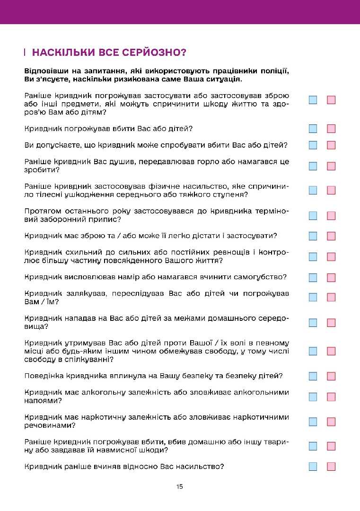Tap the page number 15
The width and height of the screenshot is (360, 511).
point(179,486)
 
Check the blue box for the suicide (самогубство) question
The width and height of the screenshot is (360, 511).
point(313,277)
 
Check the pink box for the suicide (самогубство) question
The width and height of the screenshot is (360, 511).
point(331,277)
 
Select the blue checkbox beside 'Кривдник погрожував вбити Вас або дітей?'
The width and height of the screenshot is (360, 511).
point(313,129)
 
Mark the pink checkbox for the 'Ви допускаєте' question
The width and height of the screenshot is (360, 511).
point(331,145)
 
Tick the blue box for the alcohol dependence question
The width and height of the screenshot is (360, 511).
point(313,396)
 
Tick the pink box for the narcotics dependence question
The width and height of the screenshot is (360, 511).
point(331,422)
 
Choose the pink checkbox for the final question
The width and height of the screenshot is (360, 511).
point(331,467)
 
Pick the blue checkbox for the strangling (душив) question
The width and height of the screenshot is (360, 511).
point(313,166)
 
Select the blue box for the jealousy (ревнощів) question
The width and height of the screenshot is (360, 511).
point(313,256)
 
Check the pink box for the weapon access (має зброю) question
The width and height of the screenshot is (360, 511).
point(331,236)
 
